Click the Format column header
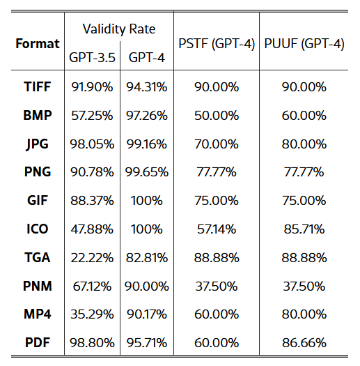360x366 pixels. [38, 44]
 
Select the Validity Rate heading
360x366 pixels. [119, 29]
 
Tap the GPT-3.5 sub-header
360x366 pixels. [92, 57]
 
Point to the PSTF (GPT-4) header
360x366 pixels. [217, 44]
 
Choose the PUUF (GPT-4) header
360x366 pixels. [304, 44]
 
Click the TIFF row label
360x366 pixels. [38, 87]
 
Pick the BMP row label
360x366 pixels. [38, 115]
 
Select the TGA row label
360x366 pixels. [38, 257]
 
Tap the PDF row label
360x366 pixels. [38, 343]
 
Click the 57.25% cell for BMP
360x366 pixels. [92, 116]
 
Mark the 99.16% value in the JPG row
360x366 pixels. [147, 144]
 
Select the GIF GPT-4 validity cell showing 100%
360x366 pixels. [146, 201]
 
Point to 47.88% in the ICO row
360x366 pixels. [92, 229]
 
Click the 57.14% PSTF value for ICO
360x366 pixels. [217, 229]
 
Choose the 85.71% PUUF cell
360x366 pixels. [304, 229]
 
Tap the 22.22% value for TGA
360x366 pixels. [92, 258]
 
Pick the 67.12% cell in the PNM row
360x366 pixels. [92, 286]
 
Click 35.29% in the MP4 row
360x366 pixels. [92, 314]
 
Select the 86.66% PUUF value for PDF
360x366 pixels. [304, 343]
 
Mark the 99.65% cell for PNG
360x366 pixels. [147, 172]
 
